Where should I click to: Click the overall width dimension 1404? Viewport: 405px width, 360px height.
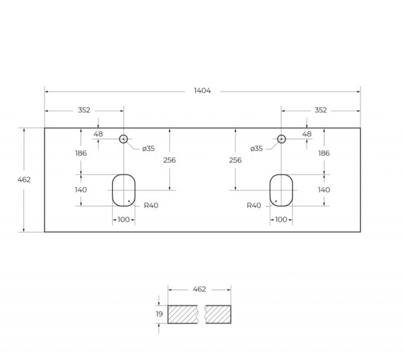[x=202, y=91]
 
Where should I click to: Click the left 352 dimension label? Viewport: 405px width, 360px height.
[x=84, y=110]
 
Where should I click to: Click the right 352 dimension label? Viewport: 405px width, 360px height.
[x=320, y=110]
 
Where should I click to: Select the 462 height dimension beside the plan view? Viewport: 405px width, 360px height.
[x=24, y=180]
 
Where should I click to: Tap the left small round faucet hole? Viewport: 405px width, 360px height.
[x=123, y=139]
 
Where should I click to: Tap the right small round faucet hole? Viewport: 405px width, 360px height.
[x=281, y=139]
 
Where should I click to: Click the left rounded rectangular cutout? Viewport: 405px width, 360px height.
[x=124, y=190]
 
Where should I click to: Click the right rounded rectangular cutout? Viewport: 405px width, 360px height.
[x=281, y=190]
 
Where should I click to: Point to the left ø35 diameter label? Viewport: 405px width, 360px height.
[x=148, y=148]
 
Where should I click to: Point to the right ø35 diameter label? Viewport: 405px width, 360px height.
[x=256, y=148]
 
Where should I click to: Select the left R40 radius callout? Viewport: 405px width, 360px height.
[x=151, y=206]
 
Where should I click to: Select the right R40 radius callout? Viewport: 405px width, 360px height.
[x=254, y=206]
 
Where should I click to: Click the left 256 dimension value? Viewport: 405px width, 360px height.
[x=169, y=160]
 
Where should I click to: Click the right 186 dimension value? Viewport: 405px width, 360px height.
[x=323, y=153]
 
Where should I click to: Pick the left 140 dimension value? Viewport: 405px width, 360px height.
[x=81, y=190]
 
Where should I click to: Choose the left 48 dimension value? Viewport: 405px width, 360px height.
[x=98, y=134]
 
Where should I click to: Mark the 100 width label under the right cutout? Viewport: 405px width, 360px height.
[x=281, y=220]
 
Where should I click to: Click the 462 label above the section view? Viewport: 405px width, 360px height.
[x=199, y=289]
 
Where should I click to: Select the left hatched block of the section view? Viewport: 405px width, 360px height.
[x=184, y=314]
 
